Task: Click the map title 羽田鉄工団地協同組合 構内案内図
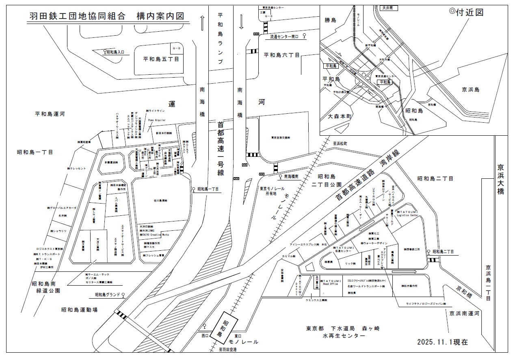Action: (x=106, y=16)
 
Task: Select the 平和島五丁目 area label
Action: (x=161, y=59)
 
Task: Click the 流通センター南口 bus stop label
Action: (x=284, y=37)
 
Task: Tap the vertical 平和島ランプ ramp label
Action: (x=221, y=39)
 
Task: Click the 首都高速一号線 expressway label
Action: (x=221, y=149)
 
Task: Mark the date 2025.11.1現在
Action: (x=442, y=342)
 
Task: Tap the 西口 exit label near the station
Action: (x=204, y=336)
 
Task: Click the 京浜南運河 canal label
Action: (x=465, y=314)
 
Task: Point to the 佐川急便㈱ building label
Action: (x=161, y=200)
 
